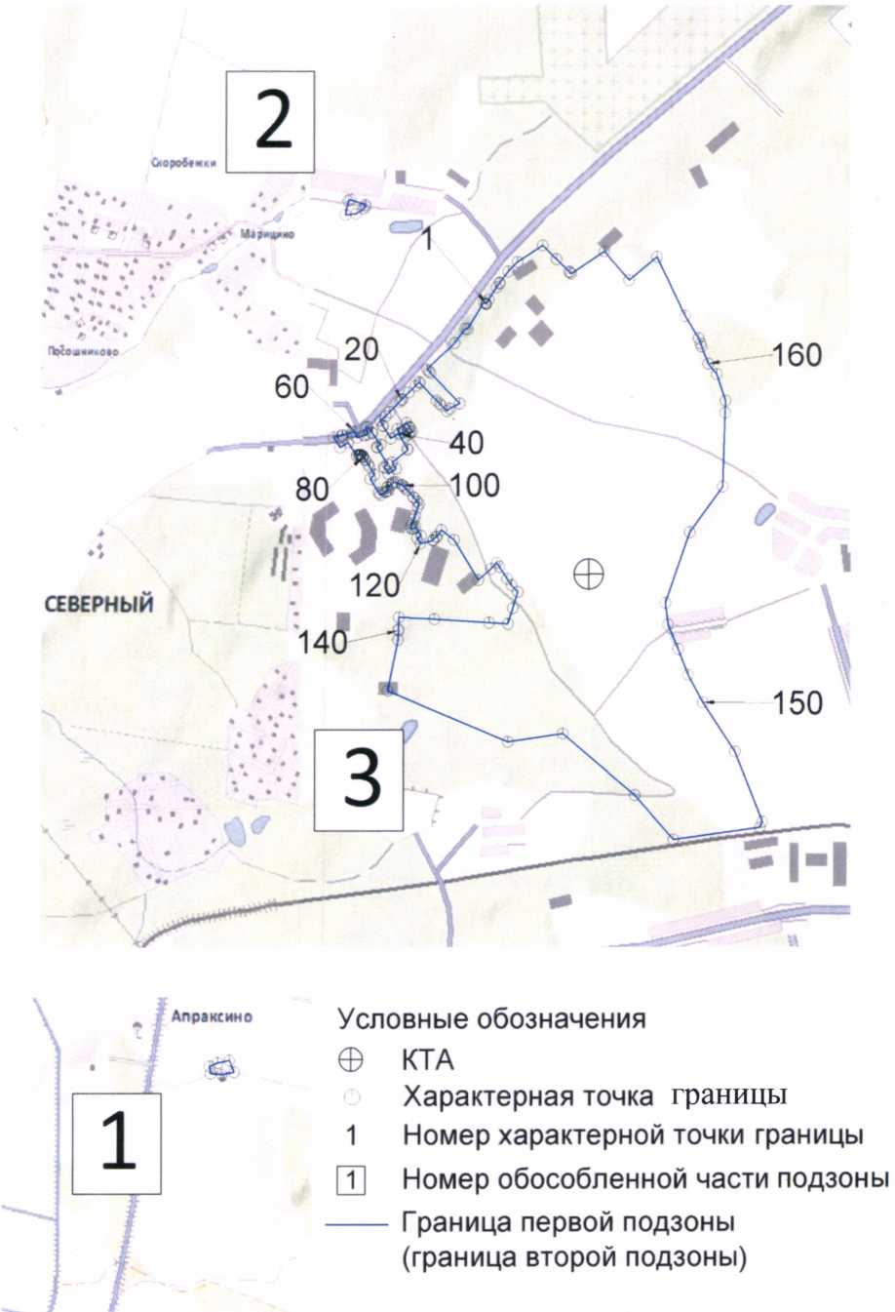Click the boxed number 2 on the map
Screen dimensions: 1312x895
coord(272,122)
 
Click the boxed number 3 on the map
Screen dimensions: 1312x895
coord(361,778)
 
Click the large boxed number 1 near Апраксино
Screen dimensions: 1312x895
coord(119,1142)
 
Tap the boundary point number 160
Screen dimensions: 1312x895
coord(798,355)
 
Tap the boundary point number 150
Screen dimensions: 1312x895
coord(798,702)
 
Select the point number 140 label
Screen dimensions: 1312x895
coord(323,641)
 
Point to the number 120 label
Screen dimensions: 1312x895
coord(375,585)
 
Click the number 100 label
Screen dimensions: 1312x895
coord(475,485)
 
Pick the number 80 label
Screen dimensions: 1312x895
coord(313,489)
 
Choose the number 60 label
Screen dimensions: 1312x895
coord(292,387)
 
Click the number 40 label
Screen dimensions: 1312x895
coord(467,442)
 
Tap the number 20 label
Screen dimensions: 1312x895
coord(362,348)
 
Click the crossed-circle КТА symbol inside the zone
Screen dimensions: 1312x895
coord(588,574)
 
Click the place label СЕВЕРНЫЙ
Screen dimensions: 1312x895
coord(99,604)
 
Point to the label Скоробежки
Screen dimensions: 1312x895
coord(182,164)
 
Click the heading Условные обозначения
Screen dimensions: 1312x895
coord(491,1019)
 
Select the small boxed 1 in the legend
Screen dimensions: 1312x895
coord(351,1180)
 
